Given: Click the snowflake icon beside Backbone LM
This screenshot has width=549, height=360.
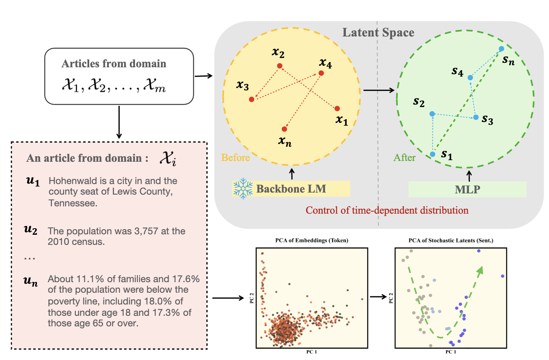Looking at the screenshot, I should tap(242, 189).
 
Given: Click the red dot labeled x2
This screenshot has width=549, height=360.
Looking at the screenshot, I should tap(279, 66).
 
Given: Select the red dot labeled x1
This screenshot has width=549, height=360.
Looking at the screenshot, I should tap(337, 108).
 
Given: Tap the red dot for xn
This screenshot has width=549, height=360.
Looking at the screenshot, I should tap(284, 129).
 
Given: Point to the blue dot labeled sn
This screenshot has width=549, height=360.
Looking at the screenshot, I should tap(501, 49).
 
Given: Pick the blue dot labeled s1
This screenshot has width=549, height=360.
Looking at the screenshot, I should tap(433, 154).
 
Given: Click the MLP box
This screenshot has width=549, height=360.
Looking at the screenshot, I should tap(467, 189).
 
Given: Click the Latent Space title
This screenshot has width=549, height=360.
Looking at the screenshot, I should tap(378, 32).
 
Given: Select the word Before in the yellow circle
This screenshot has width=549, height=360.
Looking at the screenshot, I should tap(236, 157).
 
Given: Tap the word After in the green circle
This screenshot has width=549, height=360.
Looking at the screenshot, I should tap(405, 157).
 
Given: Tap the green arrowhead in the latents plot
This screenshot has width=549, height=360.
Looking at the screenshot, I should tap(481, 269).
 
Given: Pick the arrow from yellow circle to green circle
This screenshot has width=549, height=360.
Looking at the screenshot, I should tap(379, 90).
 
